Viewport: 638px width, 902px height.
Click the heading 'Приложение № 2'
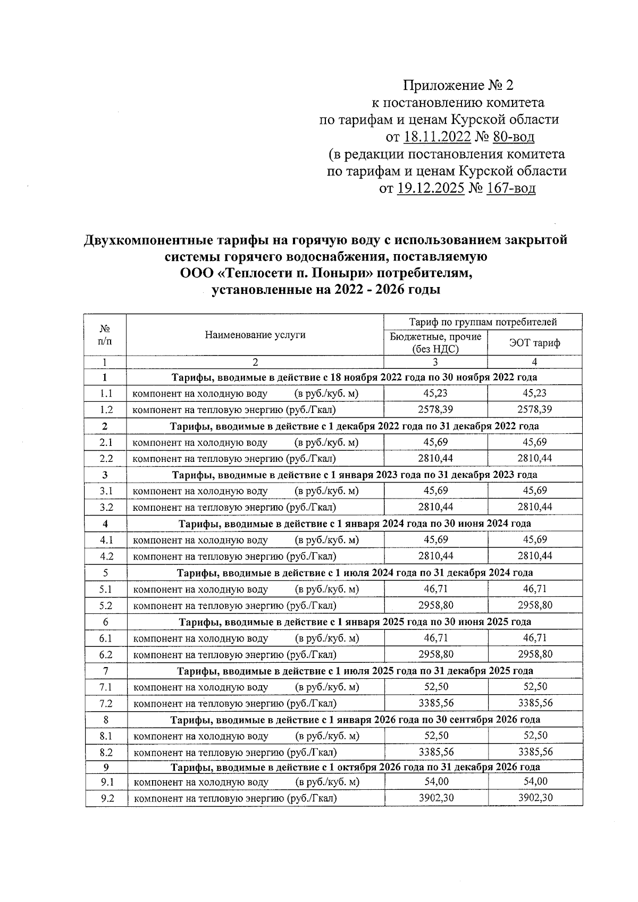[459, 86]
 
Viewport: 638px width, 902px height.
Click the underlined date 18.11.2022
[437, 137]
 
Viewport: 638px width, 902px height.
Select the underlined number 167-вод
[510, 188]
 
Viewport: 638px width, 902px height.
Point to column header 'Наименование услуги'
[255, 335]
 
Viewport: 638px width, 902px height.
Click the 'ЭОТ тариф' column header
[534, 343]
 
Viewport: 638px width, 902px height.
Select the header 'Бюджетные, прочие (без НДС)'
[435, 343]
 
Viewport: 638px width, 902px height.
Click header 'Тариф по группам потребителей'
[483, 322]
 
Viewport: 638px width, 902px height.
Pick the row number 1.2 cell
[106, 410]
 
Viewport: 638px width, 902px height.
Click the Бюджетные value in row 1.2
[435, 409]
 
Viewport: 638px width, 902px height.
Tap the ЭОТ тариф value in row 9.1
[534, 781]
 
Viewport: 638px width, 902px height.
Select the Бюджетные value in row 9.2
[435, 798]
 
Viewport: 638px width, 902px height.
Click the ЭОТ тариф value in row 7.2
[534, 703]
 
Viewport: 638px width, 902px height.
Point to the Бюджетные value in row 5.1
[435, 588]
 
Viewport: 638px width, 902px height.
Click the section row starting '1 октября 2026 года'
[355, 767]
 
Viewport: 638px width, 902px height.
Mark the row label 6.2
[106, 654]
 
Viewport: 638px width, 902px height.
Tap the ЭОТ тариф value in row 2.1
[534, 442]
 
